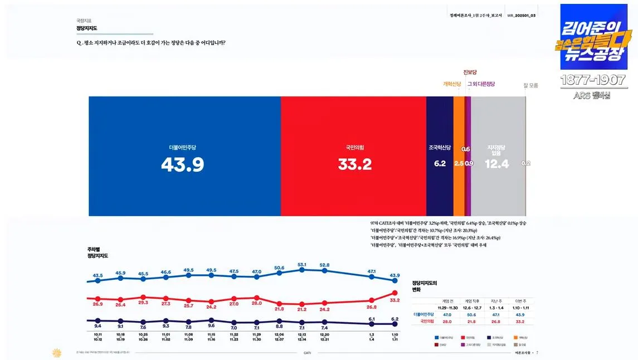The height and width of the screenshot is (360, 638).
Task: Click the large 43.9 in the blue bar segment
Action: pos(182,164)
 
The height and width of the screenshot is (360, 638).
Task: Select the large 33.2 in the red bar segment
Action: pos(354,164)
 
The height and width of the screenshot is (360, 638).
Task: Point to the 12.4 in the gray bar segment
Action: pos(496,164)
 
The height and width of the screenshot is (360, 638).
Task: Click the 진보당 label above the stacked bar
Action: pos(470,72)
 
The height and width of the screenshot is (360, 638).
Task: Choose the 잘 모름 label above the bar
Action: pos(530,85)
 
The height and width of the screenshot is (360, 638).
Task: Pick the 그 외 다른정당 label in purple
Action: pos(481,84)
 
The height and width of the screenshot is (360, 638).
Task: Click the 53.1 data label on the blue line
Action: pos(302,265)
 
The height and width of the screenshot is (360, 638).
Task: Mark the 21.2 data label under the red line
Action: pos(302,309)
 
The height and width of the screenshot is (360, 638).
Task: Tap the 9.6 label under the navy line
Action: pos(211,325)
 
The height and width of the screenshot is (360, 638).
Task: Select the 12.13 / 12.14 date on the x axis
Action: pos(302,337)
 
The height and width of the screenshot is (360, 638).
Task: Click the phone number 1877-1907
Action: pos(593,80)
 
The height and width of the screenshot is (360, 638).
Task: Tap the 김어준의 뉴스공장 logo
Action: pos(593,37)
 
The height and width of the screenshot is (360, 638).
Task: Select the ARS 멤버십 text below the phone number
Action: pos(592,95)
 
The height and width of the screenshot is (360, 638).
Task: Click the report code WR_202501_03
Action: pos(521,15)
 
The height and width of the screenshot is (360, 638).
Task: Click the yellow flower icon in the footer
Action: pos(56,352)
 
